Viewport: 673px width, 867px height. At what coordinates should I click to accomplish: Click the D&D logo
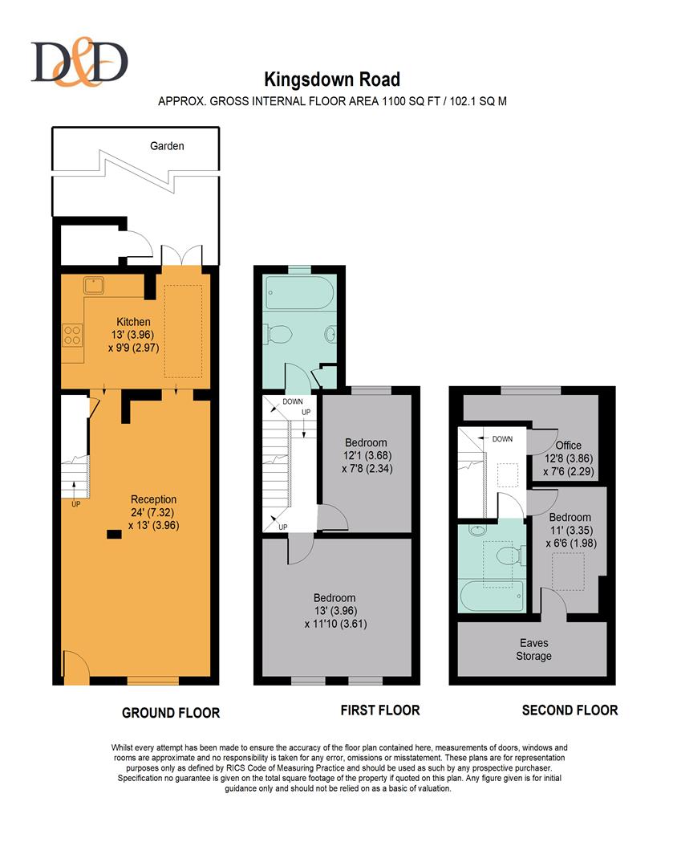coord(79,61)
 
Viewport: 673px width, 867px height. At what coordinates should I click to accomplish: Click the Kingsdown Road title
coord(332,79)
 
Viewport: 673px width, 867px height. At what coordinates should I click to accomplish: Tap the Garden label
coord(167,146)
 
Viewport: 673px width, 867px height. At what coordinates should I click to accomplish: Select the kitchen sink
coord(95,286)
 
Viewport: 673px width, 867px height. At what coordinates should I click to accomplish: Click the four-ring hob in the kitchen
coord(72,335)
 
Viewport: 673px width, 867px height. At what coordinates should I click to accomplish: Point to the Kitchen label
coord(133,322)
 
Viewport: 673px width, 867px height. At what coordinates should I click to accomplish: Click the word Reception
coord(153,499)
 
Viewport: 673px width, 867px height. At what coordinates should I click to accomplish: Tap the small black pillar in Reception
coord(114,534)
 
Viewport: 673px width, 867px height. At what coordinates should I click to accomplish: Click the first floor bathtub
coord(299,292)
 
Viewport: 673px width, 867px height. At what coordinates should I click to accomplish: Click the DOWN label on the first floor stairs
coord(293,401)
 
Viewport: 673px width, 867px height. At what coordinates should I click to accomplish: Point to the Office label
coord(569,445)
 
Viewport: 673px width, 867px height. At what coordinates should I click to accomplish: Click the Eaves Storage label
coord(533,649)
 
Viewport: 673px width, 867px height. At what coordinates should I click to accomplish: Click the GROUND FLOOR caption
coord(171,714)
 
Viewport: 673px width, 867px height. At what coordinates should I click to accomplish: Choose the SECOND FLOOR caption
coord(570,710)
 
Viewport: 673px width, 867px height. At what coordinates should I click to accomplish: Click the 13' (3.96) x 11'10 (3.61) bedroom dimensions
coord(335,617)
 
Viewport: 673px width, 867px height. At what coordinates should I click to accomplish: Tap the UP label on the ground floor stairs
coord(75,503)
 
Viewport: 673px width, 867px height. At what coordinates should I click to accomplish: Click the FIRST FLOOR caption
coord(380,710)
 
